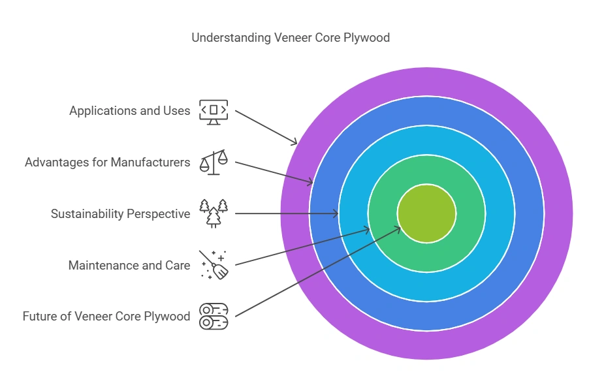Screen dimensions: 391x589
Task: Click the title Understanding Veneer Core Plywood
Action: (x=291, y=37)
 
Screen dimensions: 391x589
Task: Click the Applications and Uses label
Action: (x=129, y=110)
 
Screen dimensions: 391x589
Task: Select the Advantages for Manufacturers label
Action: (x=107, y=162)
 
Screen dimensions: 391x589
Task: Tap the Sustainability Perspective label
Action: (x=120, y=213)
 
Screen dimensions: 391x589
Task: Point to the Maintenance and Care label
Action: (x=129, y=265)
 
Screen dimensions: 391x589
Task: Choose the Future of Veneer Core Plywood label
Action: (x=106, y=317)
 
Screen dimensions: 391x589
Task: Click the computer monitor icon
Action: (x=214, y=112)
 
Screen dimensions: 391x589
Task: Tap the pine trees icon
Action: (x=214, y=213)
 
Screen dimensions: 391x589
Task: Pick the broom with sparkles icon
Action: (x=214, y=264)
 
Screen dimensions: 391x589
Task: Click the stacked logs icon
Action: (x=214, y=316)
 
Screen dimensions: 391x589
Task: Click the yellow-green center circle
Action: (x=426, y=213)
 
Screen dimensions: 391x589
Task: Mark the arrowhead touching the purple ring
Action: (x=294, y=142)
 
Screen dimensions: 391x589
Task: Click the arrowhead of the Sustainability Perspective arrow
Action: (x=336, y=213)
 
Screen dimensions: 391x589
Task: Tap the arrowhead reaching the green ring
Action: (x=368, y=229)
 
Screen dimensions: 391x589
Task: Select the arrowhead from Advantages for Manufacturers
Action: (x=311, y=183)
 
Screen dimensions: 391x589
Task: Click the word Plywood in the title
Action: (x=368, y=37)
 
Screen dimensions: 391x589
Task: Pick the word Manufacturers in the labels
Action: (x=150, y=162)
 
